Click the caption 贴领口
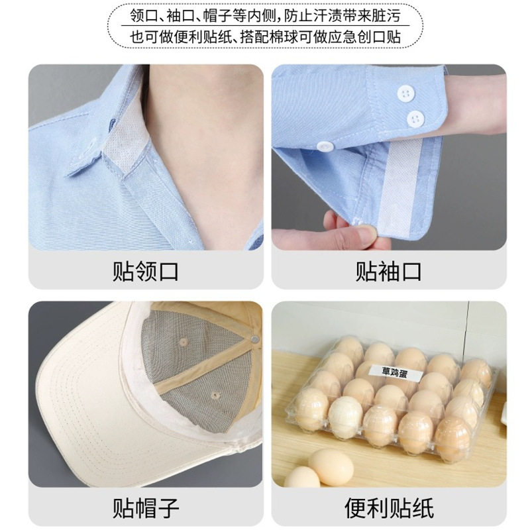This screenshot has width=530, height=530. [145, 271]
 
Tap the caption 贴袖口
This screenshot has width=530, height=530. [388, 271]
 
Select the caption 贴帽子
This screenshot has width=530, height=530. [145, 508]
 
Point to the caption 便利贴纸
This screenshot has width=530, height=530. [388, 508]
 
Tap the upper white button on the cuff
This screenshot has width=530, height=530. [401, 93]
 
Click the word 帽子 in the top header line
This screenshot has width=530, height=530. [223, 14]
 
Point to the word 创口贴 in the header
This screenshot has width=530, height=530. [379, 36]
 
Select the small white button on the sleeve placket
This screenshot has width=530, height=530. [324, 146]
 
